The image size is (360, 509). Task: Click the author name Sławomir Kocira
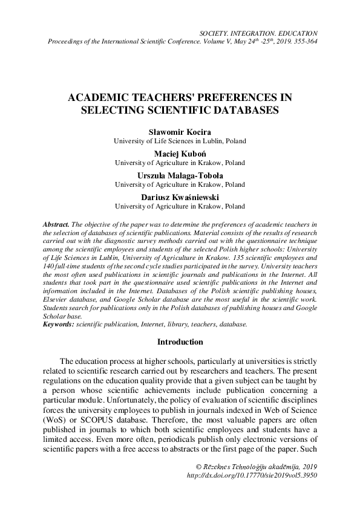coord(180,131)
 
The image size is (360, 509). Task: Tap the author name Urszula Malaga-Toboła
coord(180,175)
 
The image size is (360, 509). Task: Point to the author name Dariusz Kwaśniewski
coord(180,196)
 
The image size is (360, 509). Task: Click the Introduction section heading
coord(180,342)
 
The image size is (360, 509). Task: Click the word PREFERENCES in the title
coord(224,96)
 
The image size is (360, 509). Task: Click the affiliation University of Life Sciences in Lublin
coord(180,140)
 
